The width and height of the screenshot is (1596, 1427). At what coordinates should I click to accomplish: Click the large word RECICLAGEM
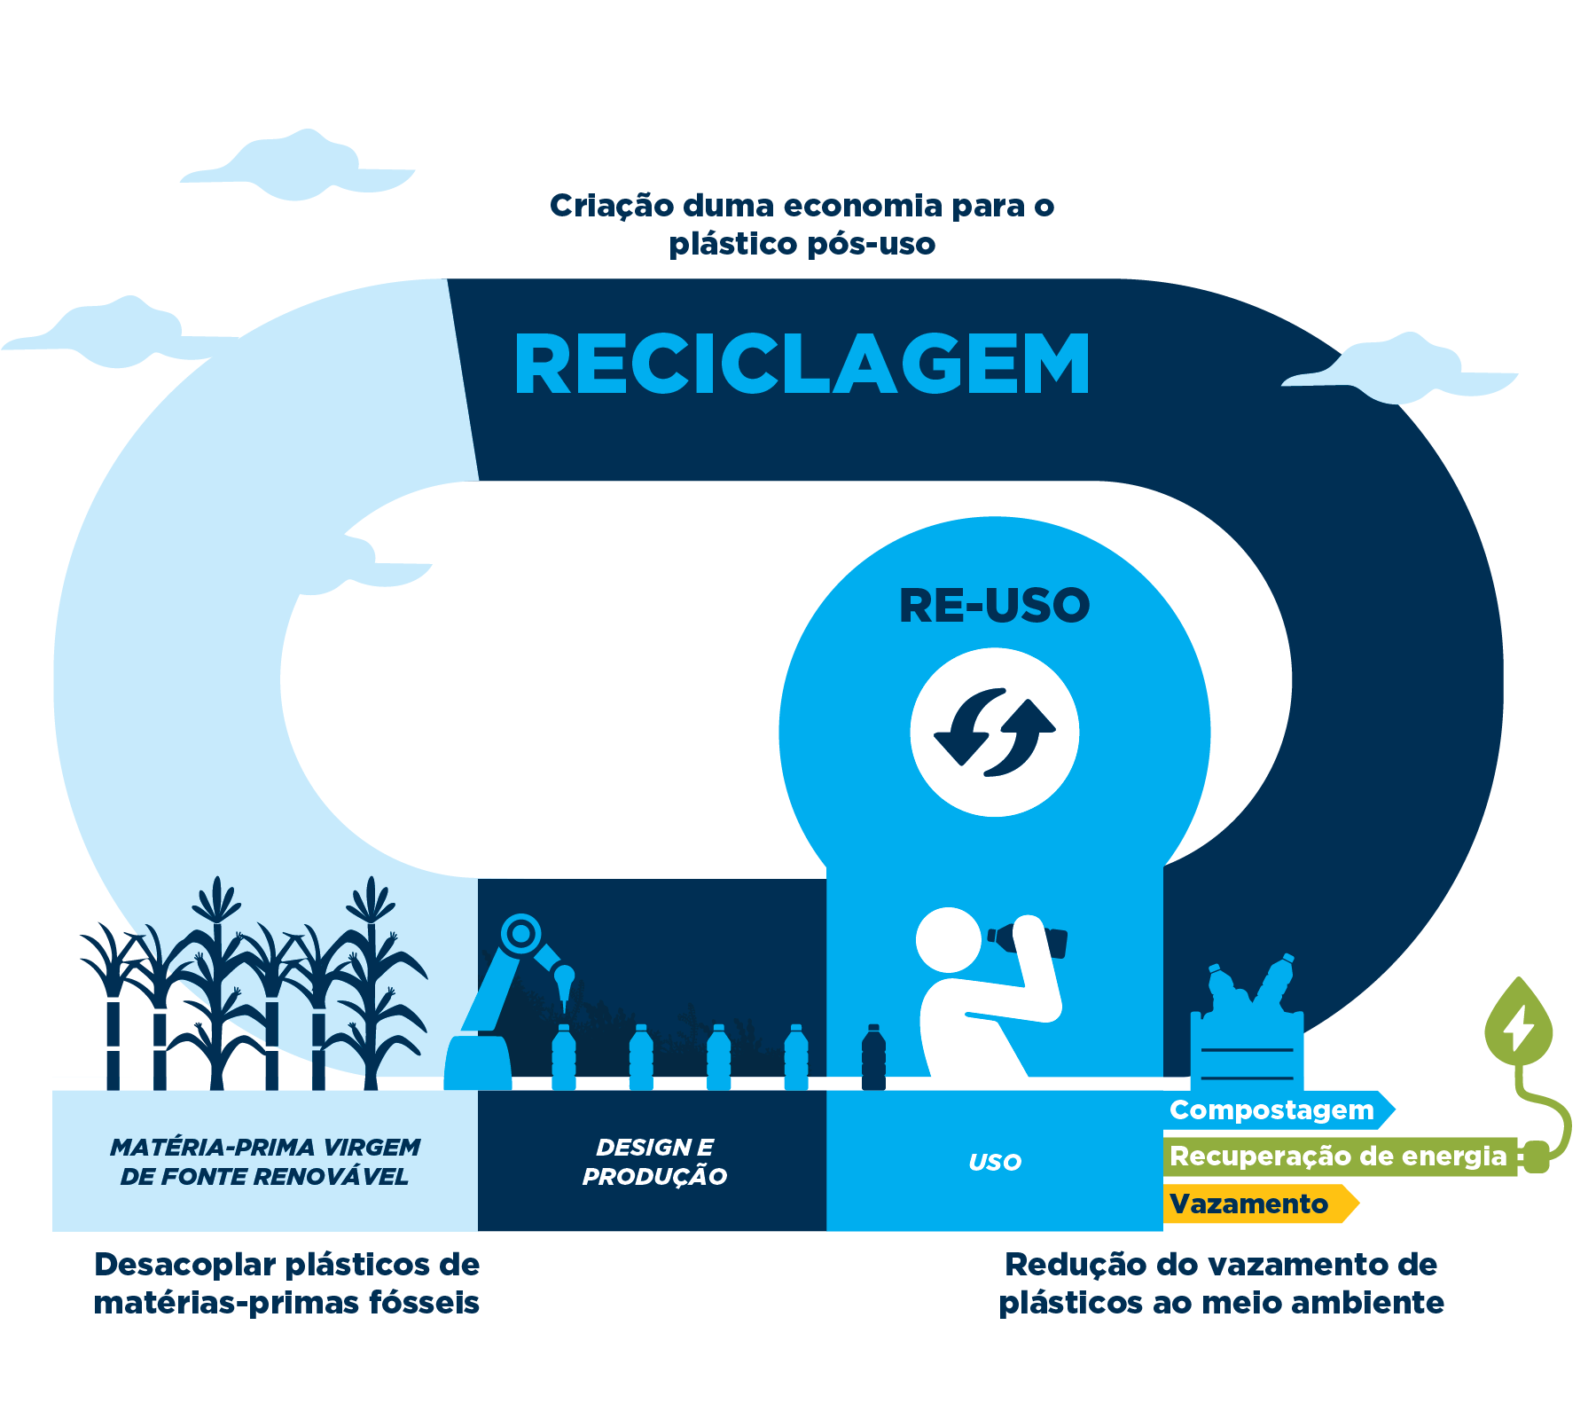point(802,365)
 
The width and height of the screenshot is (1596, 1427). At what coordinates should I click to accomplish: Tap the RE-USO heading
point(994,606)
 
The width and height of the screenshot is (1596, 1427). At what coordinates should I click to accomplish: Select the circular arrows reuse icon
point(994,733)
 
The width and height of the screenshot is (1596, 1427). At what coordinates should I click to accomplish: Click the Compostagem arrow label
point(1271,1109)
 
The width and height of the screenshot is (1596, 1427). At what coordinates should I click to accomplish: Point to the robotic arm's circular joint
point(520,934)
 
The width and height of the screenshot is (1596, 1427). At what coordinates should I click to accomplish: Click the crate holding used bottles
point(1246,1051)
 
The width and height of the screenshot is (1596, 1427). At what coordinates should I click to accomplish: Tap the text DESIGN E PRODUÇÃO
point(653,1162)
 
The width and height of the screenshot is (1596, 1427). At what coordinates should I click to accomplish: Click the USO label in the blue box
point(994,1162)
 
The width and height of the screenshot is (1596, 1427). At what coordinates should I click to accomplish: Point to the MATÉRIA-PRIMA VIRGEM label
point(264,1148)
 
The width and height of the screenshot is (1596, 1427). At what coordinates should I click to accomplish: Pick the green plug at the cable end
point(1537,1156)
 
